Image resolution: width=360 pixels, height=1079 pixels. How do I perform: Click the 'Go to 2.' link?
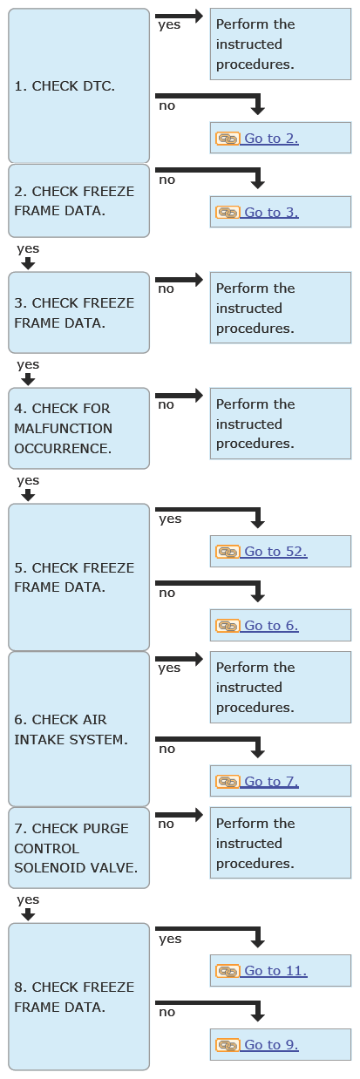[x=271, y=139]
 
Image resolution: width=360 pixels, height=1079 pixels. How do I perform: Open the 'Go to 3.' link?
[x=271, y=212]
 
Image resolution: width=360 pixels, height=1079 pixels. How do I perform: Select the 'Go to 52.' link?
[x=275, y=552]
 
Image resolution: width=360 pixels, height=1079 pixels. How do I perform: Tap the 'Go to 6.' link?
[x=271, y=626]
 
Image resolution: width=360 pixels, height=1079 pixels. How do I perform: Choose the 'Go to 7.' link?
[x=271, y=781]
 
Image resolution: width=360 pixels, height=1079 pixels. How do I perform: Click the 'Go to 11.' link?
[x=275, y=971]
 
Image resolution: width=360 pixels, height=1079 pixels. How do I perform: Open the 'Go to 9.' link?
[x=271, y=1045]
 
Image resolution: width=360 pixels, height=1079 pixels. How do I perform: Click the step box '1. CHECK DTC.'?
[x=79, y=85]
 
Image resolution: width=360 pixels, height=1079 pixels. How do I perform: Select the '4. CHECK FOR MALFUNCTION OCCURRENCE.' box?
[x=79, y=428]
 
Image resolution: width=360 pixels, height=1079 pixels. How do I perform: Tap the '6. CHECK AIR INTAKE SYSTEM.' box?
[x=79, y=730]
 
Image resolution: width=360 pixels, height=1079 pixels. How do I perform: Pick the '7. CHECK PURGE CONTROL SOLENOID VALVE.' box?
[x=79, y=848]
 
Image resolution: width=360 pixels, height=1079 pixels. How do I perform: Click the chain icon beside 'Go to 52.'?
[x=227, y=552]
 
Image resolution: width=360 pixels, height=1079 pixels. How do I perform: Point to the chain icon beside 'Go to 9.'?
[x=227, y=1045]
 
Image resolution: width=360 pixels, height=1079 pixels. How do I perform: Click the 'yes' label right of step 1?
[x=169, y=25]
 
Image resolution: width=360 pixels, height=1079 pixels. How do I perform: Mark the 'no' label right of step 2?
[x=166, y=180]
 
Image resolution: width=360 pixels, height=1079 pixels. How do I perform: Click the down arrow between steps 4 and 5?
[x=29, y=495]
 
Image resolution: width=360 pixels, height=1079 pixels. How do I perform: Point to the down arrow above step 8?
[x=29, y=914]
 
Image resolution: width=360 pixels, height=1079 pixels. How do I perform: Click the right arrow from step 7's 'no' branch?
[x=180, y=815]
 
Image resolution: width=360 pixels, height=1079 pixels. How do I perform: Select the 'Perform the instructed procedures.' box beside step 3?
[x=281, y=308]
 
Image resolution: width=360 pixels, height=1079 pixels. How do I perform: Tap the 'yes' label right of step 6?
[x=169, y=668]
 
